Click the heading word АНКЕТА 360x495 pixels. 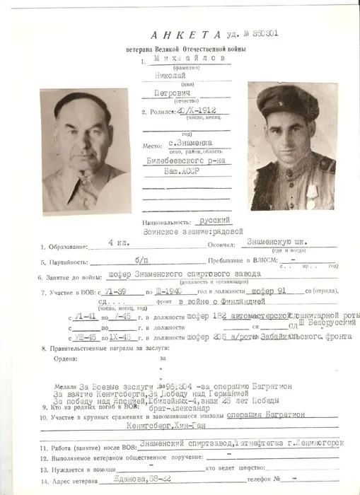[180, 35]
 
